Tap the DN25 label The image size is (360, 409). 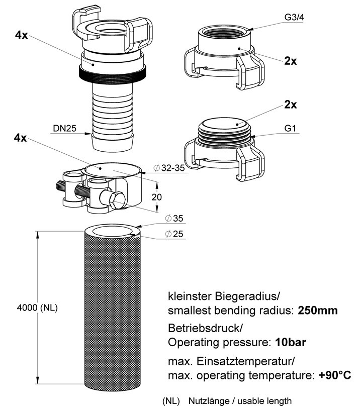(x=64, y=129)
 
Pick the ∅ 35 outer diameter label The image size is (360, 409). (x=174, y=219)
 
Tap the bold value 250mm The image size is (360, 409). (x=317, y=310)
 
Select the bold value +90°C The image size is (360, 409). (x=334, y=375)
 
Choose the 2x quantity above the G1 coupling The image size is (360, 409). (x=290, y=105)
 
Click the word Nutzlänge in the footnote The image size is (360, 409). (x=206, y=401)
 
